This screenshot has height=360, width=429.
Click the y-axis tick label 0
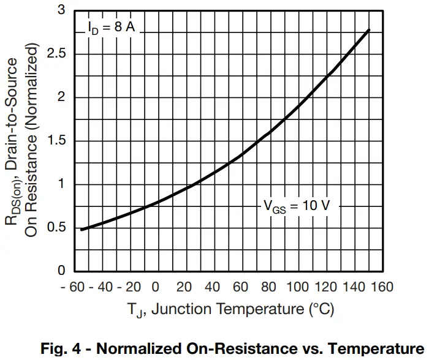62,271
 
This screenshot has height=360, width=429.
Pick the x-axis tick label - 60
72,287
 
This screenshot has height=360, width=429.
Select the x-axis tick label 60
241,287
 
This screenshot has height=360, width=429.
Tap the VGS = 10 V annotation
297,206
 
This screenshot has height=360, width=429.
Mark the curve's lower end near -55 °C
82,229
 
